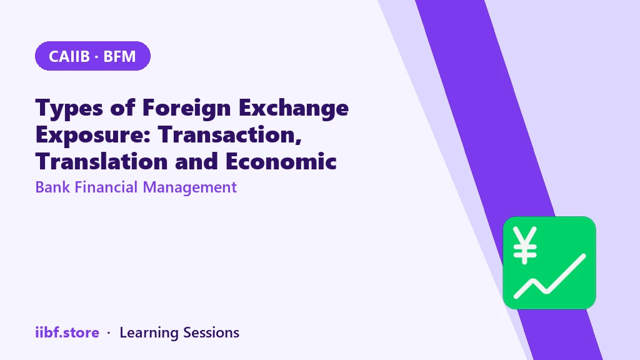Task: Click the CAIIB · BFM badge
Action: (x=92, y=56)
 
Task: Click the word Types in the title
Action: (x=69, y=109)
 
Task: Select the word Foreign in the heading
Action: (x=186, y=109)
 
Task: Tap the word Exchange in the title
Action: (x=294, y=109)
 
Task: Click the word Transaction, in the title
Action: (x=230, y=135)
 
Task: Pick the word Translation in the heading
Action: (x=102, y=161)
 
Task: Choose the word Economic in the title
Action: (x=281, y=161)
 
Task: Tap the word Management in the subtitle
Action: (x=190, y=188)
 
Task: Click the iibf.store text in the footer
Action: (x=67, y=332)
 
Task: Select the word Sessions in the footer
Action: (x=211, y=332)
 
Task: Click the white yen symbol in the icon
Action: (x=525, y=245)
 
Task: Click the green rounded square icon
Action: (x=549, y=263)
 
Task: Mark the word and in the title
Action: (x=197, y=161)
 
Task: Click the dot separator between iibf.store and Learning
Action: (x=109, y=334)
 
